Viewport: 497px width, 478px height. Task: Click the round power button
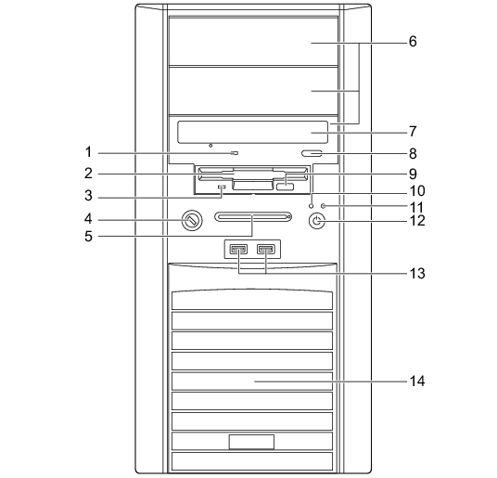(316, 221)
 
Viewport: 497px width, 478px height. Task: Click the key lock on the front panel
(192, 220)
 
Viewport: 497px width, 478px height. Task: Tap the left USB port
(238, 250)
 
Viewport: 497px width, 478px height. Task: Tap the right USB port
(266, 250)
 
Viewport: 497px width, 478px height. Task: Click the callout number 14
(417, 381)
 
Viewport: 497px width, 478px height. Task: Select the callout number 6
(413, 41)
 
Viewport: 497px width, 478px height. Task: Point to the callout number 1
(88, 152)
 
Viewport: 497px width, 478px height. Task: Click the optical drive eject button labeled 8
(312, 153)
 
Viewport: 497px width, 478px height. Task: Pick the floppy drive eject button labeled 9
(285, 187)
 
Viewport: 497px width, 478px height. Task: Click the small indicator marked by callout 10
(312, 206)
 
